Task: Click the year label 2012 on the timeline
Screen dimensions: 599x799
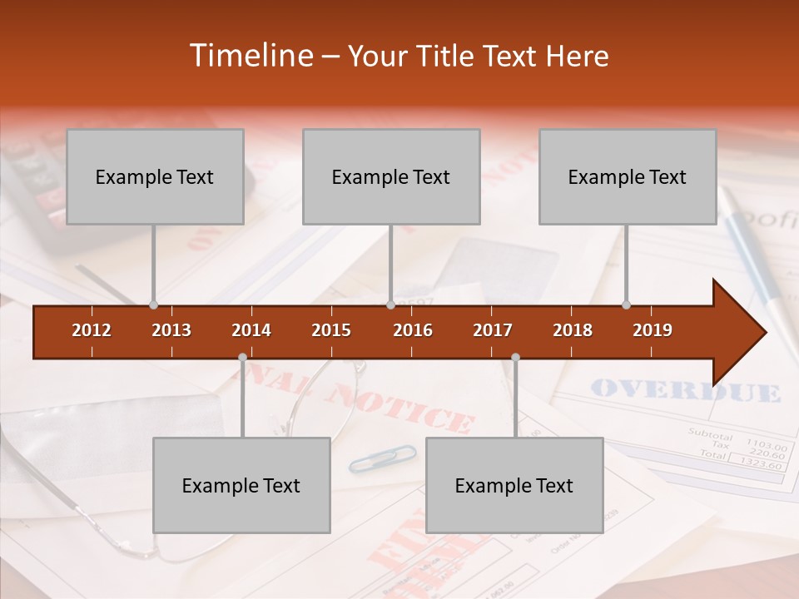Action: pyautogui.click(x=92, y=330)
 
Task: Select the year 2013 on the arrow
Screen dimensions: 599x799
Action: pyautogui.click(x=171, y=330)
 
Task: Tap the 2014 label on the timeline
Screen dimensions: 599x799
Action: pyautogui.click(x=251, y=330)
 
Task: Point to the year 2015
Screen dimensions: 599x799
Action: pyautogui.click(x=331, y=330)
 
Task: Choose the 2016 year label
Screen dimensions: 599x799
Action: pyautogui.click(x=413, y=330)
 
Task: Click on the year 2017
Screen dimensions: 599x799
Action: pyautogui.click(x=493, y=330)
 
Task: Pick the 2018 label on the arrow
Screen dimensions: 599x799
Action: pyautogui.click(x=573, y=330)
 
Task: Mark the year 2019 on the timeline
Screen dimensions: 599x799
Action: pyautogui.click(x=653, y=330)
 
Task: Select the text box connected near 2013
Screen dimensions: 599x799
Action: pyautogui.click(x=155, y=176)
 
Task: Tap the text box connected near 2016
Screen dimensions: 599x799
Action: pyautogui.click(x=391, y=176)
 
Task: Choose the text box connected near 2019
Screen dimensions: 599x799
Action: pyautogui.click(x=628, y=176)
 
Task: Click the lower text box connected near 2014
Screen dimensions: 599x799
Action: pyautogui.click(x=241, y=485)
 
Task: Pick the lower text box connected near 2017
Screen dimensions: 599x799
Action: pyautogui.click(x=514, y=485)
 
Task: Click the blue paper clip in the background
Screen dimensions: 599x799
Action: pyautogui.click(x=382, y=458)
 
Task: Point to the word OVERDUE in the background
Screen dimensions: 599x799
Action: pyautogui.click(x=686, y=391)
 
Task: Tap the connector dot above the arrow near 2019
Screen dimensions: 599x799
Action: pyautogui.click(x=627, y=304)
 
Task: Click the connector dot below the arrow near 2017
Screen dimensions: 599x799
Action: pyautogui.click(x=515, y=358)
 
